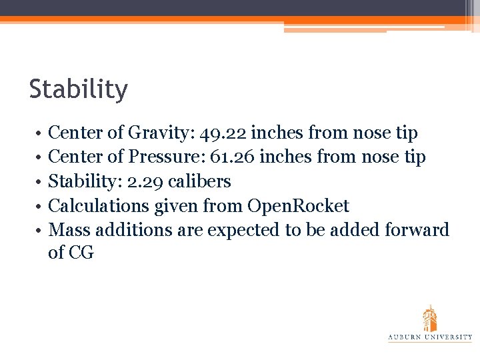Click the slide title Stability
(78, 89)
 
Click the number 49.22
(224, 133)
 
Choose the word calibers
(199, 181)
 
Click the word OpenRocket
(298, 206)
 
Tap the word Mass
(70, 230)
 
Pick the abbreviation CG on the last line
(81, 253)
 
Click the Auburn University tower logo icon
(430, 318)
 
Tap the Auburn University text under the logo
(430, 337)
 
